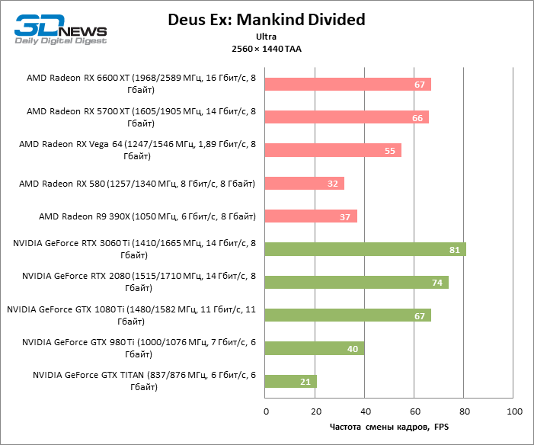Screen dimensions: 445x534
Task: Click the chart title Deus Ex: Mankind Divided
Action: pyautogui.click(x=267, y=19)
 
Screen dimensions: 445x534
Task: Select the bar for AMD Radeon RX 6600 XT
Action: pyautogui.click(x=348, y=84)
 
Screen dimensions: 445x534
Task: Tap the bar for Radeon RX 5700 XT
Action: pyautogui.click(x=347, y=117)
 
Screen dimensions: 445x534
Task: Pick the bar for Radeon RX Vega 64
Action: pyautogui.click(x=333, y=150)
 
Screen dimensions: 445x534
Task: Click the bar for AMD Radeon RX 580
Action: pyautogui.click(x=305, y=183)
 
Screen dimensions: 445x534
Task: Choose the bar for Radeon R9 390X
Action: pyautogui.click(x=311, y=216)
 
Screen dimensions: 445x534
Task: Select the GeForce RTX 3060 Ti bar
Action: pyautogui.click(x=366, y=249)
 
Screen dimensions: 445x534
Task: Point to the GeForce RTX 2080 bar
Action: pyautogui.click(x=357, y=282)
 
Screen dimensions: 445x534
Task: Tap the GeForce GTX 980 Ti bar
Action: pyautogui.click(x=315, y=348)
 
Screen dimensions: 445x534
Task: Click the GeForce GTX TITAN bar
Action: pyautogui.click(x=291, y=381)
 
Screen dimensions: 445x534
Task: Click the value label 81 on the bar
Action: pyautogui.click(x=454, y=250)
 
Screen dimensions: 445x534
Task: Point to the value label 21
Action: pyautogui.click(x=305, y=382)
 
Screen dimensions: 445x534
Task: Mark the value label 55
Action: pyautogui.click(x=390, y=151)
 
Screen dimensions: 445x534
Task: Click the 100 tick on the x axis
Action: pyautogui.click(x=514, y=411)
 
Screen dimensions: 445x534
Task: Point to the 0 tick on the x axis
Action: pyautogui.click(x=266, y=411)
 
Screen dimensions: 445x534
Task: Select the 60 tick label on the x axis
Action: pyautogui.click(x=414, y=411)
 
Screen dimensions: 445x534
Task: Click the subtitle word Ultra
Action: pyautogui.click(x=267, y=37)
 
